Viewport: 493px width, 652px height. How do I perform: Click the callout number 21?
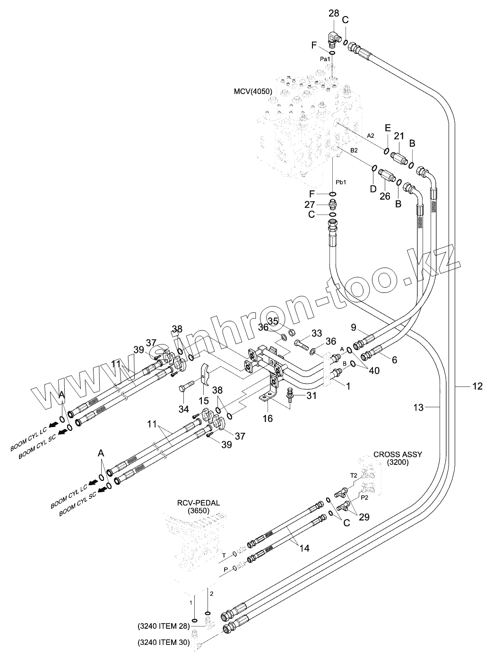click(399, 136)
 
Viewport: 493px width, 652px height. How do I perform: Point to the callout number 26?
click(385, 196)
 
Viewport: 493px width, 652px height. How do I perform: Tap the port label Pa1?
click(325, 59)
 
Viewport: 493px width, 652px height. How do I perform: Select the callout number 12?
click(477, 386)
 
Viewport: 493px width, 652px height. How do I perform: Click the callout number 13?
click(419, 406)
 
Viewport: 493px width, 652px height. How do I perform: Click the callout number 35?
click(273, 321)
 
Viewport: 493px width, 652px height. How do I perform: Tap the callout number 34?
click(183, 408)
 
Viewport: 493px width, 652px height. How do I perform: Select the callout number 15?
click(203, 400)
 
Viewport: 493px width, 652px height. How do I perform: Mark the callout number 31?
click(311, 395)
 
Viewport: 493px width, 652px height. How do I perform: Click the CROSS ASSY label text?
click(398, 455)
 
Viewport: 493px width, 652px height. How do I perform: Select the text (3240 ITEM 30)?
click(164, 642)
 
